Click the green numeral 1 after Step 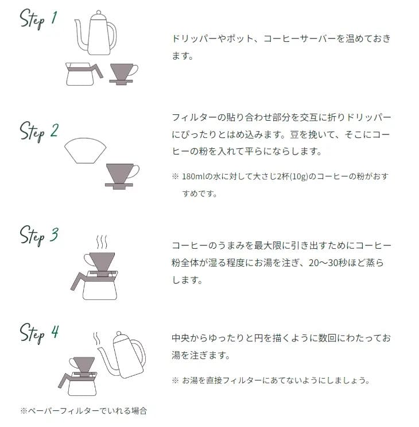tap(54, 18)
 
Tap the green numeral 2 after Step tap(54, 130)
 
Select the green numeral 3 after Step tap(54, 234)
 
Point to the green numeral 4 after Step tap(55, 332)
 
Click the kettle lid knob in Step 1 tap(98, 12)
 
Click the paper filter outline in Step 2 tap(85, 151)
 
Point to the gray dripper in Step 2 tap(121, 176)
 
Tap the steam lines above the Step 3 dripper tap(102, 242)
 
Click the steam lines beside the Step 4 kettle tap(96, 338)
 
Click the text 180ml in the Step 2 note tap(193, 176)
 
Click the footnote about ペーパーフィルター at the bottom tap(84, 410)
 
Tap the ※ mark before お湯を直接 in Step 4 tap(175, 380)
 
